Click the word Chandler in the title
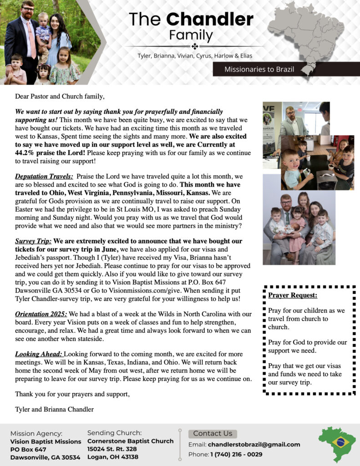point(209,19)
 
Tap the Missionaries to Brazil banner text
point(259,70)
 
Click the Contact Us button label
point(213,434)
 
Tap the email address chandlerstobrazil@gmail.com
point(254,445)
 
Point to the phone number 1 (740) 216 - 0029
point(236,454)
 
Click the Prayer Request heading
point(293,295)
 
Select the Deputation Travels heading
point(44,176)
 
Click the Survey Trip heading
point(33,241)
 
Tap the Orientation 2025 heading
point(41,314)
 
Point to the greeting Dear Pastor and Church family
point(60,96)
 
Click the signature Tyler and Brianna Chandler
point(54,409)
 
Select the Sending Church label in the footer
point(114,433)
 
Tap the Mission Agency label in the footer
point(36,434)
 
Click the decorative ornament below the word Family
point(194,46)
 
